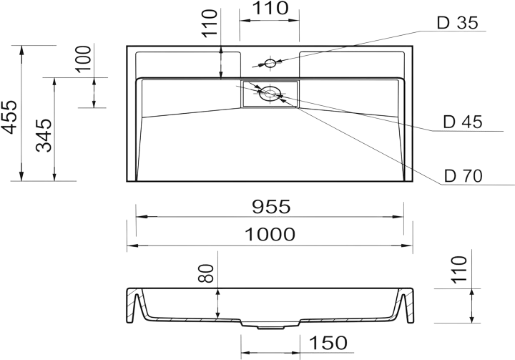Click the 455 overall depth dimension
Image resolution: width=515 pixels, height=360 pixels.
9,117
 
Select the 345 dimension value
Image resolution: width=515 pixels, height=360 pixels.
44,135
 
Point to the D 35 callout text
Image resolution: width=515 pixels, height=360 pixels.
458,23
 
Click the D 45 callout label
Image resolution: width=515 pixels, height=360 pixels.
463,122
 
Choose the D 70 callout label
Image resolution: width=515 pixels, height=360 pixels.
463,176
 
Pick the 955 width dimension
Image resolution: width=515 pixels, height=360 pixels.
271,207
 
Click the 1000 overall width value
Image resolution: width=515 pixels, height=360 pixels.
270,235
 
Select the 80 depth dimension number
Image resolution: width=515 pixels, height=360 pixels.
206,273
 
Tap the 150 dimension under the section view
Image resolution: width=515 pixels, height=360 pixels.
328,343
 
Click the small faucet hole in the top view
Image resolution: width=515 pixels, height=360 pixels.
270,63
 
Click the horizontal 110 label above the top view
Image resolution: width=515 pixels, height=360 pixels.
270,9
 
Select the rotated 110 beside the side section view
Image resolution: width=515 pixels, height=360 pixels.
458,270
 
